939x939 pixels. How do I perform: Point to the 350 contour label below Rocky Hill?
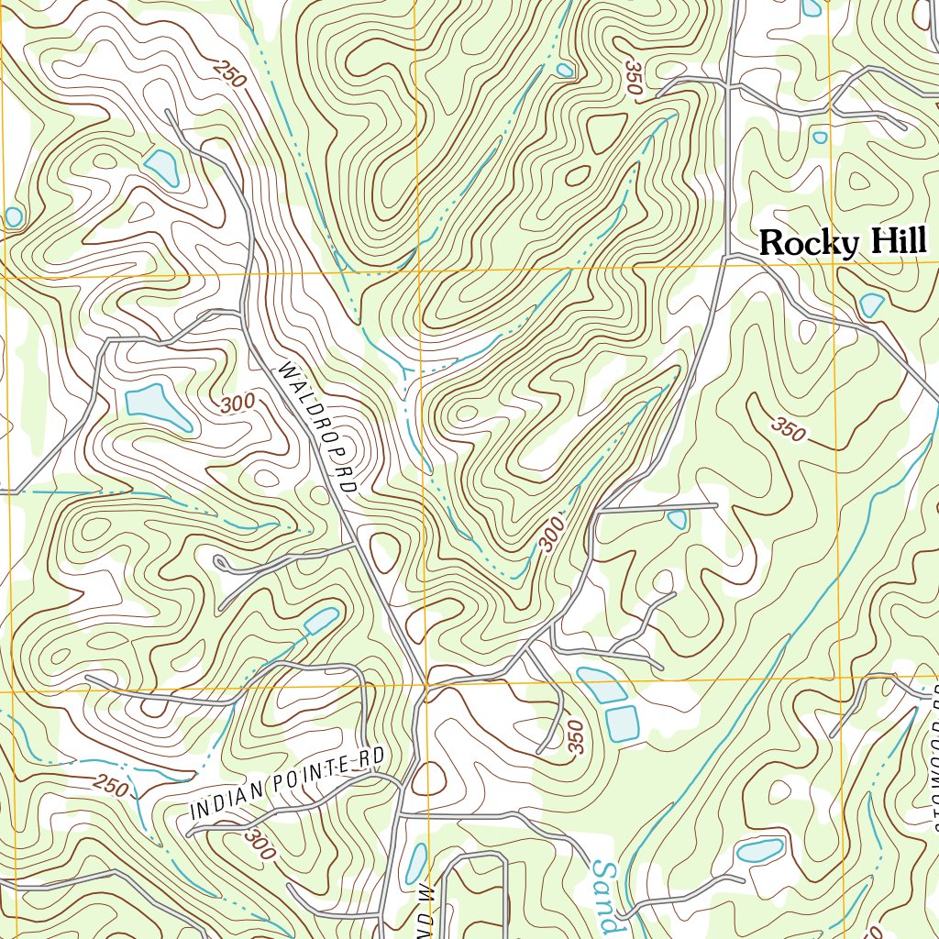pyautogui.click(x=788, y=427)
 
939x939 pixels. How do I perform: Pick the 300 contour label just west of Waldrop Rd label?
pyautogui.click(x=238, y=404)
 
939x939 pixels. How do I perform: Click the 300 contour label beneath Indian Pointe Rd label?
pyautogui.click(x=260, y=843)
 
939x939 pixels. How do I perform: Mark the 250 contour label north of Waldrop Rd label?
pyautogui.click(x=229, y=73)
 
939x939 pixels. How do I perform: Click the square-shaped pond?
pyautogui.click(x=624, y=723)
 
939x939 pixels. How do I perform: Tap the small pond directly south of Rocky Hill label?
pyautogui.click(x=871, y=304)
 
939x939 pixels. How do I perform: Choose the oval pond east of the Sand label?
pyautogui.click(x=760, y=850)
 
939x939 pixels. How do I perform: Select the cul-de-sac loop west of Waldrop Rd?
pyautogui.click(x=220, y=561)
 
